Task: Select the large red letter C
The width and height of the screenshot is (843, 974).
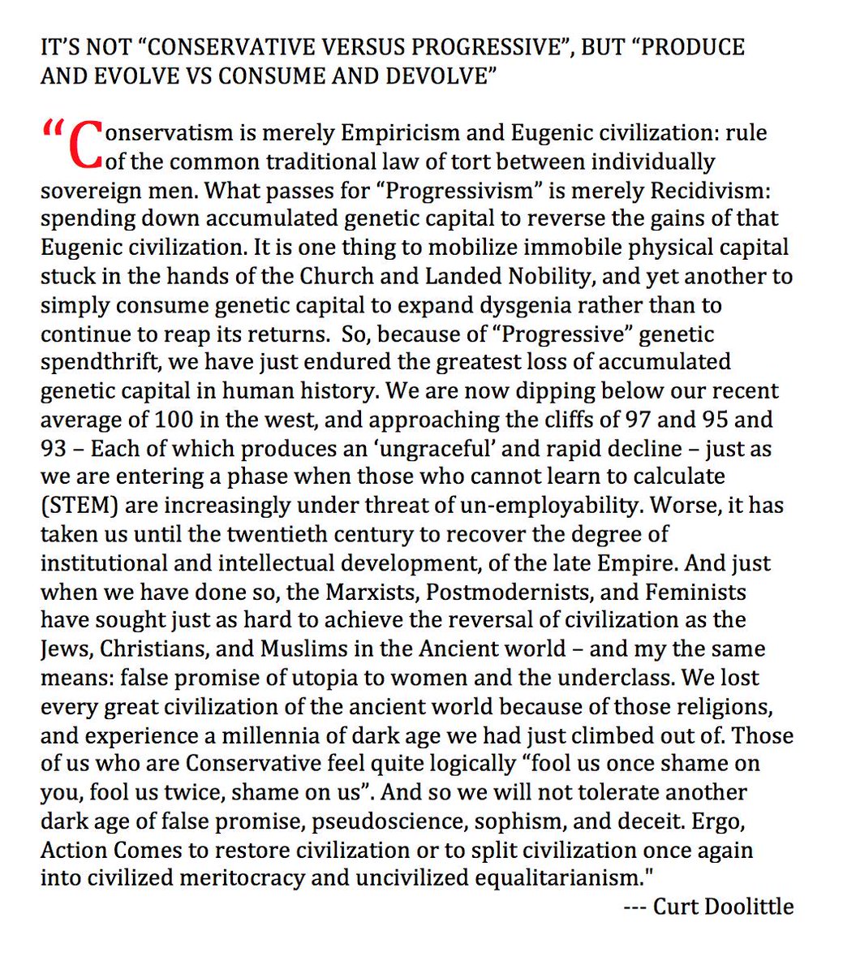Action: pos(84,144)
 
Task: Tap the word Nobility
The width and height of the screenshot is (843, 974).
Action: pos(537,276)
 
